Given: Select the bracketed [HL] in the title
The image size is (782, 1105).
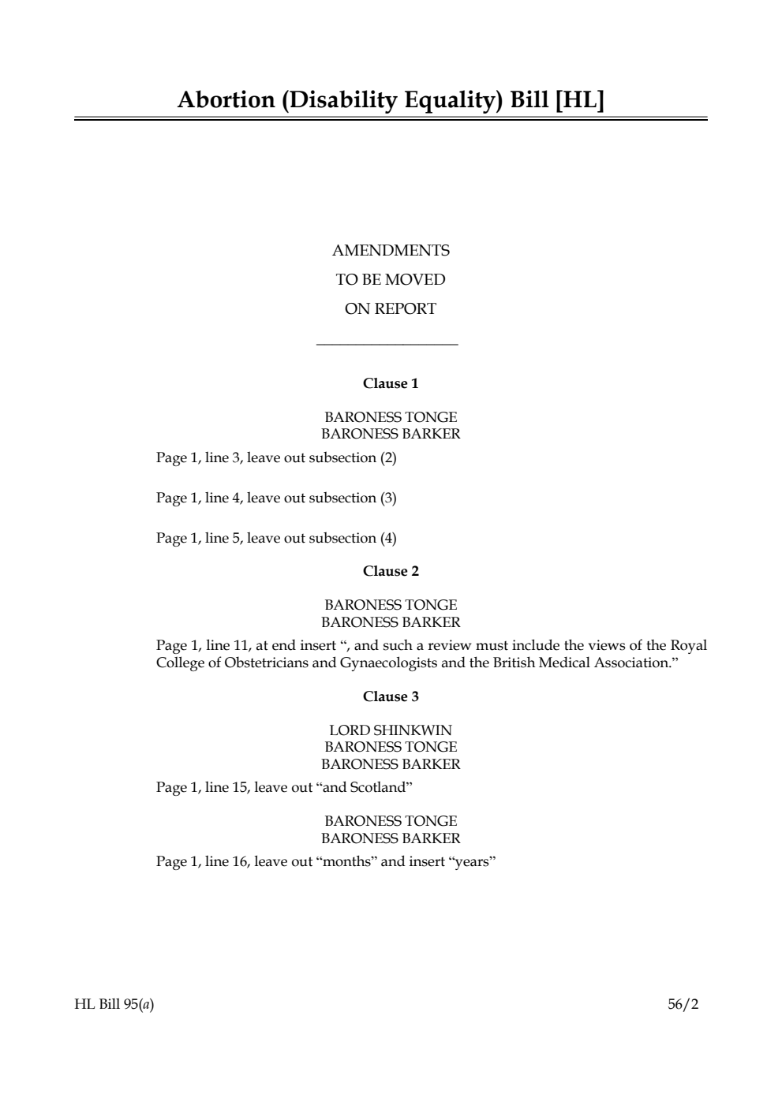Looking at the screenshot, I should [579, 100].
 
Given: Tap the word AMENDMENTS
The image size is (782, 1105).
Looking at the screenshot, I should [391, 251].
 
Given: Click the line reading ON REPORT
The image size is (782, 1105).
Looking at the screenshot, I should [390, 309].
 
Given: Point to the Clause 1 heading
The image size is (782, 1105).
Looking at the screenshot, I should [391, 383].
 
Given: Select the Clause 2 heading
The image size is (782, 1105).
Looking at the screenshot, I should [391, 571].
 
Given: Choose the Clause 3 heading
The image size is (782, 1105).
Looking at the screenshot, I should [391, 696].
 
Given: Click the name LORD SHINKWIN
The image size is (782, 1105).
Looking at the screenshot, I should [391, 730].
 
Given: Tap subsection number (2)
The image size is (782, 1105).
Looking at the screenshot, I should [388, 458].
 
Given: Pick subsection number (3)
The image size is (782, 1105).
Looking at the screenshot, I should [388, 498].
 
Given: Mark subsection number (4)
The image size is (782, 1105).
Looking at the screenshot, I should [388, 539].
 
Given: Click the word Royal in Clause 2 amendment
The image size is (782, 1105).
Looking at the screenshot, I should [689, 646].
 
